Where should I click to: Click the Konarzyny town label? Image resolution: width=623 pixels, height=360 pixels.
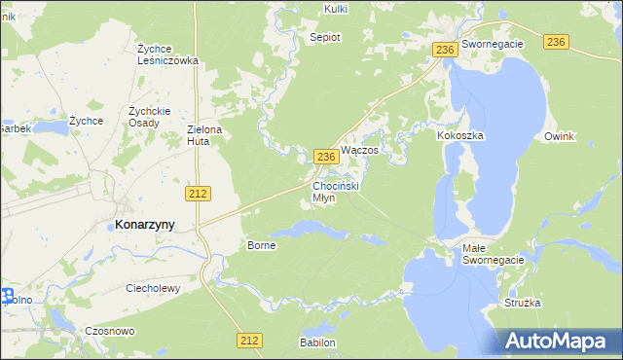click(x=145, y=224)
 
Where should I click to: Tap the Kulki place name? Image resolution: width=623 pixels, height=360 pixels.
click(x=335, y=9)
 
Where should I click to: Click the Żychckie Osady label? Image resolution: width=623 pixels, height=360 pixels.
click(x=150, y=116)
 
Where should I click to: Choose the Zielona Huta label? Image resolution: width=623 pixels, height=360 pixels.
click(x=205, y=135)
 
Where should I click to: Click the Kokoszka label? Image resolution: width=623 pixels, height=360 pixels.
click(x=460, y=136)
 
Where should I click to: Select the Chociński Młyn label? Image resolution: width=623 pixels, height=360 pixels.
click(x=337, y=191)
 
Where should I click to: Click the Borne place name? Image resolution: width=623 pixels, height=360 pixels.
click(x=262, y=245)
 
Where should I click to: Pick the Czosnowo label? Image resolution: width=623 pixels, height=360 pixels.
click(x=110, y=331)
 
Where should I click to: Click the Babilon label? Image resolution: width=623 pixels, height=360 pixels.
click(x=318, y=342)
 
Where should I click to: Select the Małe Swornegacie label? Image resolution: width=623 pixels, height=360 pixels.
click(x=493, y=254)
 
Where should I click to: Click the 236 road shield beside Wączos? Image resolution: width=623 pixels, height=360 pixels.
click(x=327, y=157)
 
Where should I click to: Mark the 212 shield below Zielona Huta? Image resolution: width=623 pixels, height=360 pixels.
click(x=199, y=194)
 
